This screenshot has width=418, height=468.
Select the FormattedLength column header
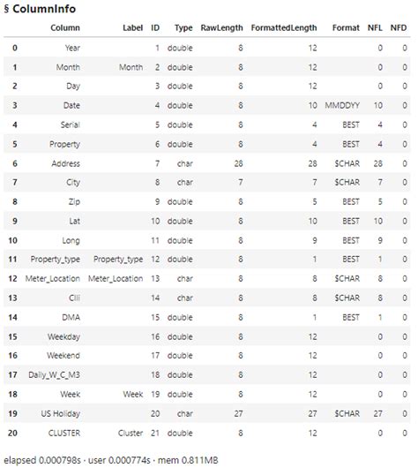(280, 28)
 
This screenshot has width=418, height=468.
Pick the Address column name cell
(65, 163)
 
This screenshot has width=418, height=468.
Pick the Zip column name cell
(74, 202)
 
